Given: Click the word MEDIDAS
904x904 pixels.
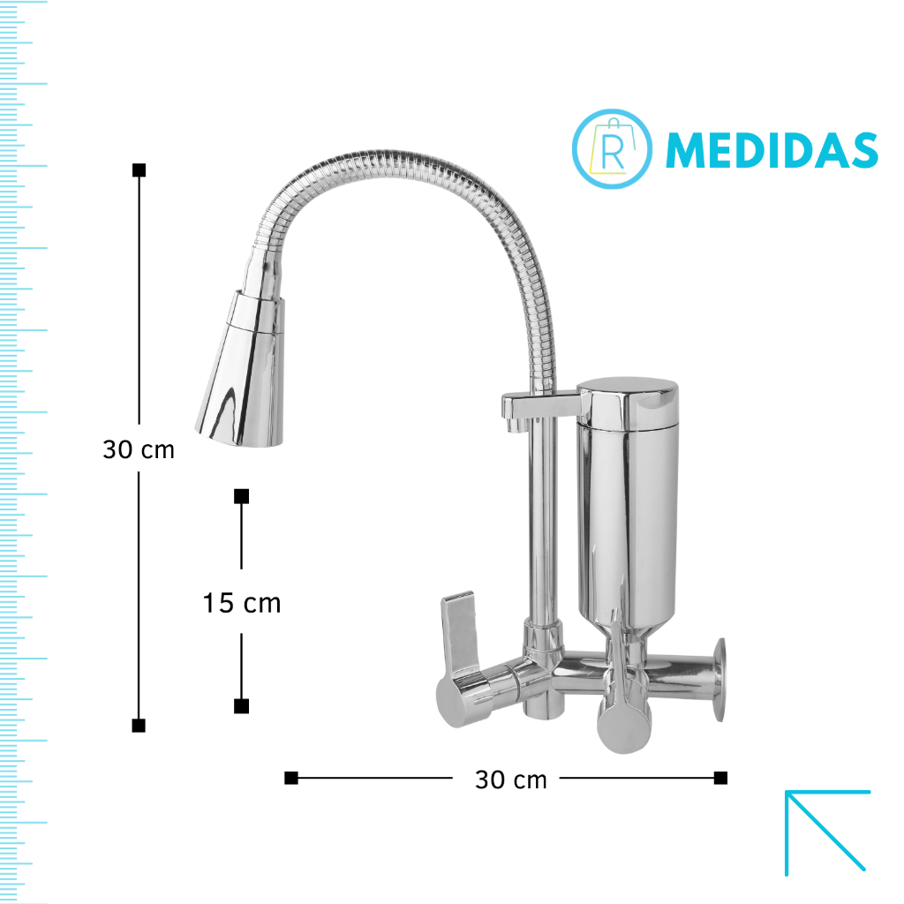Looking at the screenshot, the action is [772, 150].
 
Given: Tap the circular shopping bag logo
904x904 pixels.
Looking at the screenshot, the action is [613, 148].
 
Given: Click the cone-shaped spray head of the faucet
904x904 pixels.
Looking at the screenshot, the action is [242, 369].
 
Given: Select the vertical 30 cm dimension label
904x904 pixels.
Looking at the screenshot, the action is [139, 449].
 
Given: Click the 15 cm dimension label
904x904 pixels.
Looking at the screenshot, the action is [242, 603].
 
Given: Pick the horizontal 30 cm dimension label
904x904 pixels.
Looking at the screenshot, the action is [511, 780].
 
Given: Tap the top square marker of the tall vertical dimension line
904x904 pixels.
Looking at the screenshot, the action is [139, 170].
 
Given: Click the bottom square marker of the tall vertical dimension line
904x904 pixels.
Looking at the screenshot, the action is [139, 726].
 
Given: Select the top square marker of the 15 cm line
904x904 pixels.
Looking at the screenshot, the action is [242, 496].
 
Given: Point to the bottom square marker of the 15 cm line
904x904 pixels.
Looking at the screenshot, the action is [242, 706].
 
